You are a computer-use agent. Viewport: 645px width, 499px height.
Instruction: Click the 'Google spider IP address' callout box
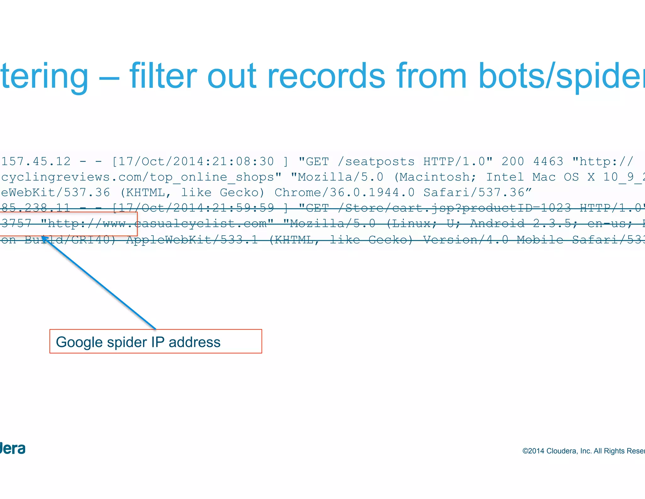coord(156,341)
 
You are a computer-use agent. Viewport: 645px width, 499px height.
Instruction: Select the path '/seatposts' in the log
coord(376,161)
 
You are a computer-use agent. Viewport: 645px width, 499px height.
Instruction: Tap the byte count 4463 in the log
coord(548,161)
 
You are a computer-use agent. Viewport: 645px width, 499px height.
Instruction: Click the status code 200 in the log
coord(513,161)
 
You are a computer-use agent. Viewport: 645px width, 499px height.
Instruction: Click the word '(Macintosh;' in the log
coord(435,177)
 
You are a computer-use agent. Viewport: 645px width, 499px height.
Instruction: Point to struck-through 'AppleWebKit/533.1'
coord(192,240)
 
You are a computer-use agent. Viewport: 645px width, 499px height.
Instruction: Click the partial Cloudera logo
coord(13,449)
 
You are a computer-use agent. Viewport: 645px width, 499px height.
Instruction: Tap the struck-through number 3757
coord(16,223)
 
